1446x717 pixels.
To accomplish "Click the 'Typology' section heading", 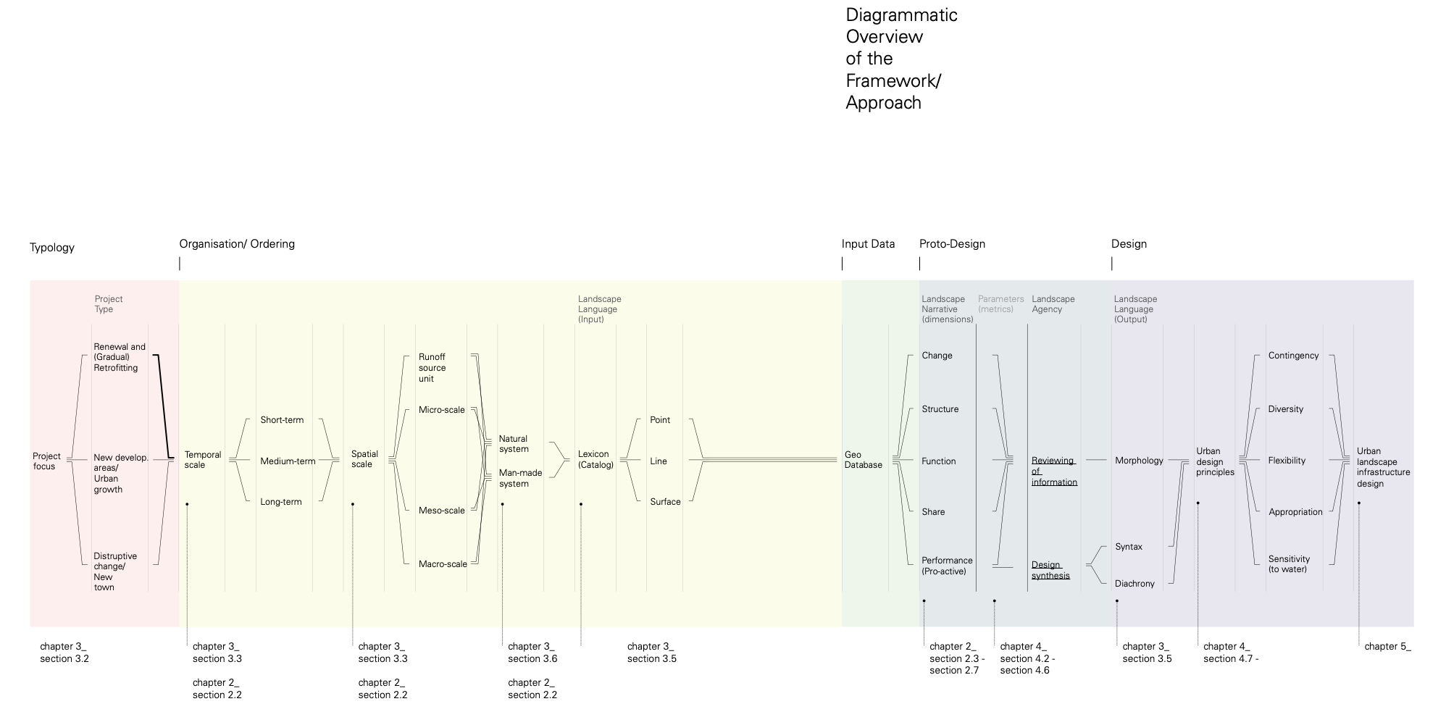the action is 52,248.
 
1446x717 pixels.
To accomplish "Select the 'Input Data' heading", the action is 868,244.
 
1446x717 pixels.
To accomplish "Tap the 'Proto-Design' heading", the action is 952,244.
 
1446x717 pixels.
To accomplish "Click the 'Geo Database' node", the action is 863,460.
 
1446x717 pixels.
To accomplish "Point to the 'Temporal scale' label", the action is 203,460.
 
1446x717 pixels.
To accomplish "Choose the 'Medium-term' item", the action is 288,461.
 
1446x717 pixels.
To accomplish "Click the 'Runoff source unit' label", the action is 432,368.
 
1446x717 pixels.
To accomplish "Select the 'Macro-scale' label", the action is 443,564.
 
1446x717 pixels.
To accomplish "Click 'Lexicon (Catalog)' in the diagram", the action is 595,460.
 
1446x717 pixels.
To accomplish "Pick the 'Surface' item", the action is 665,502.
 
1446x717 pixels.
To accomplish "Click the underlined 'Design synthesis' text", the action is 1050,570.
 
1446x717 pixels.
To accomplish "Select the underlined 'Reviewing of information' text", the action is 1054,471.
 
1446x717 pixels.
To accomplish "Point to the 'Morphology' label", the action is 1139,461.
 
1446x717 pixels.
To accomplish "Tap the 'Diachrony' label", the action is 1134,584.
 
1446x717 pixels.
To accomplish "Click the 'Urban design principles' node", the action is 1215,461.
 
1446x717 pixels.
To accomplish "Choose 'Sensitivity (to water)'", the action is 1289,564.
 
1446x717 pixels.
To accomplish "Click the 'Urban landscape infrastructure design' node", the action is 1383,467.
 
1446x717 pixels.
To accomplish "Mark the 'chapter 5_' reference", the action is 1387,647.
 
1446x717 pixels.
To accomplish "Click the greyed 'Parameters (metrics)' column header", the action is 1000,304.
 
